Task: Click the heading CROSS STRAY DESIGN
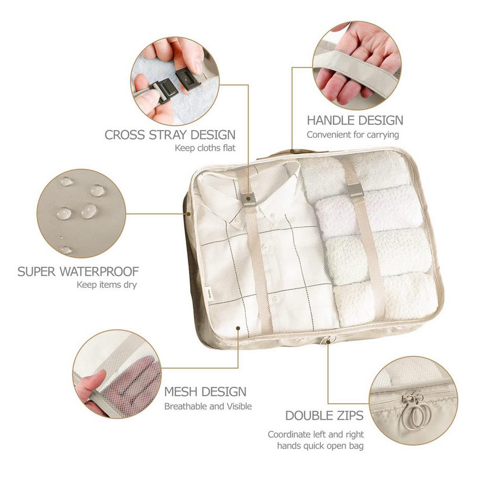pyautogui.click(x=170, y=134)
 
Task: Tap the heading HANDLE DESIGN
pyautogui.click(x=355, y=120)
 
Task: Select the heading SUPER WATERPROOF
pyautogui.click(x=78, y=271)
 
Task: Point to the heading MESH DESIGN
pyautogui.click(x=205, y=392)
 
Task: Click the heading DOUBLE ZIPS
pyautogui.click(x=324, y=416)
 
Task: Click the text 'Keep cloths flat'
pyautogui.click(x=205, y=148)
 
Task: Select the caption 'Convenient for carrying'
pyautogui.click(x=353, y=135)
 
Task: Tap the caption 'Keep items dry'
pyautogui.click(x=107, y=285)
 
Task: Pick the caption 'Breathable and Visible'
pyautogui.click(x=208, y=406)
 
